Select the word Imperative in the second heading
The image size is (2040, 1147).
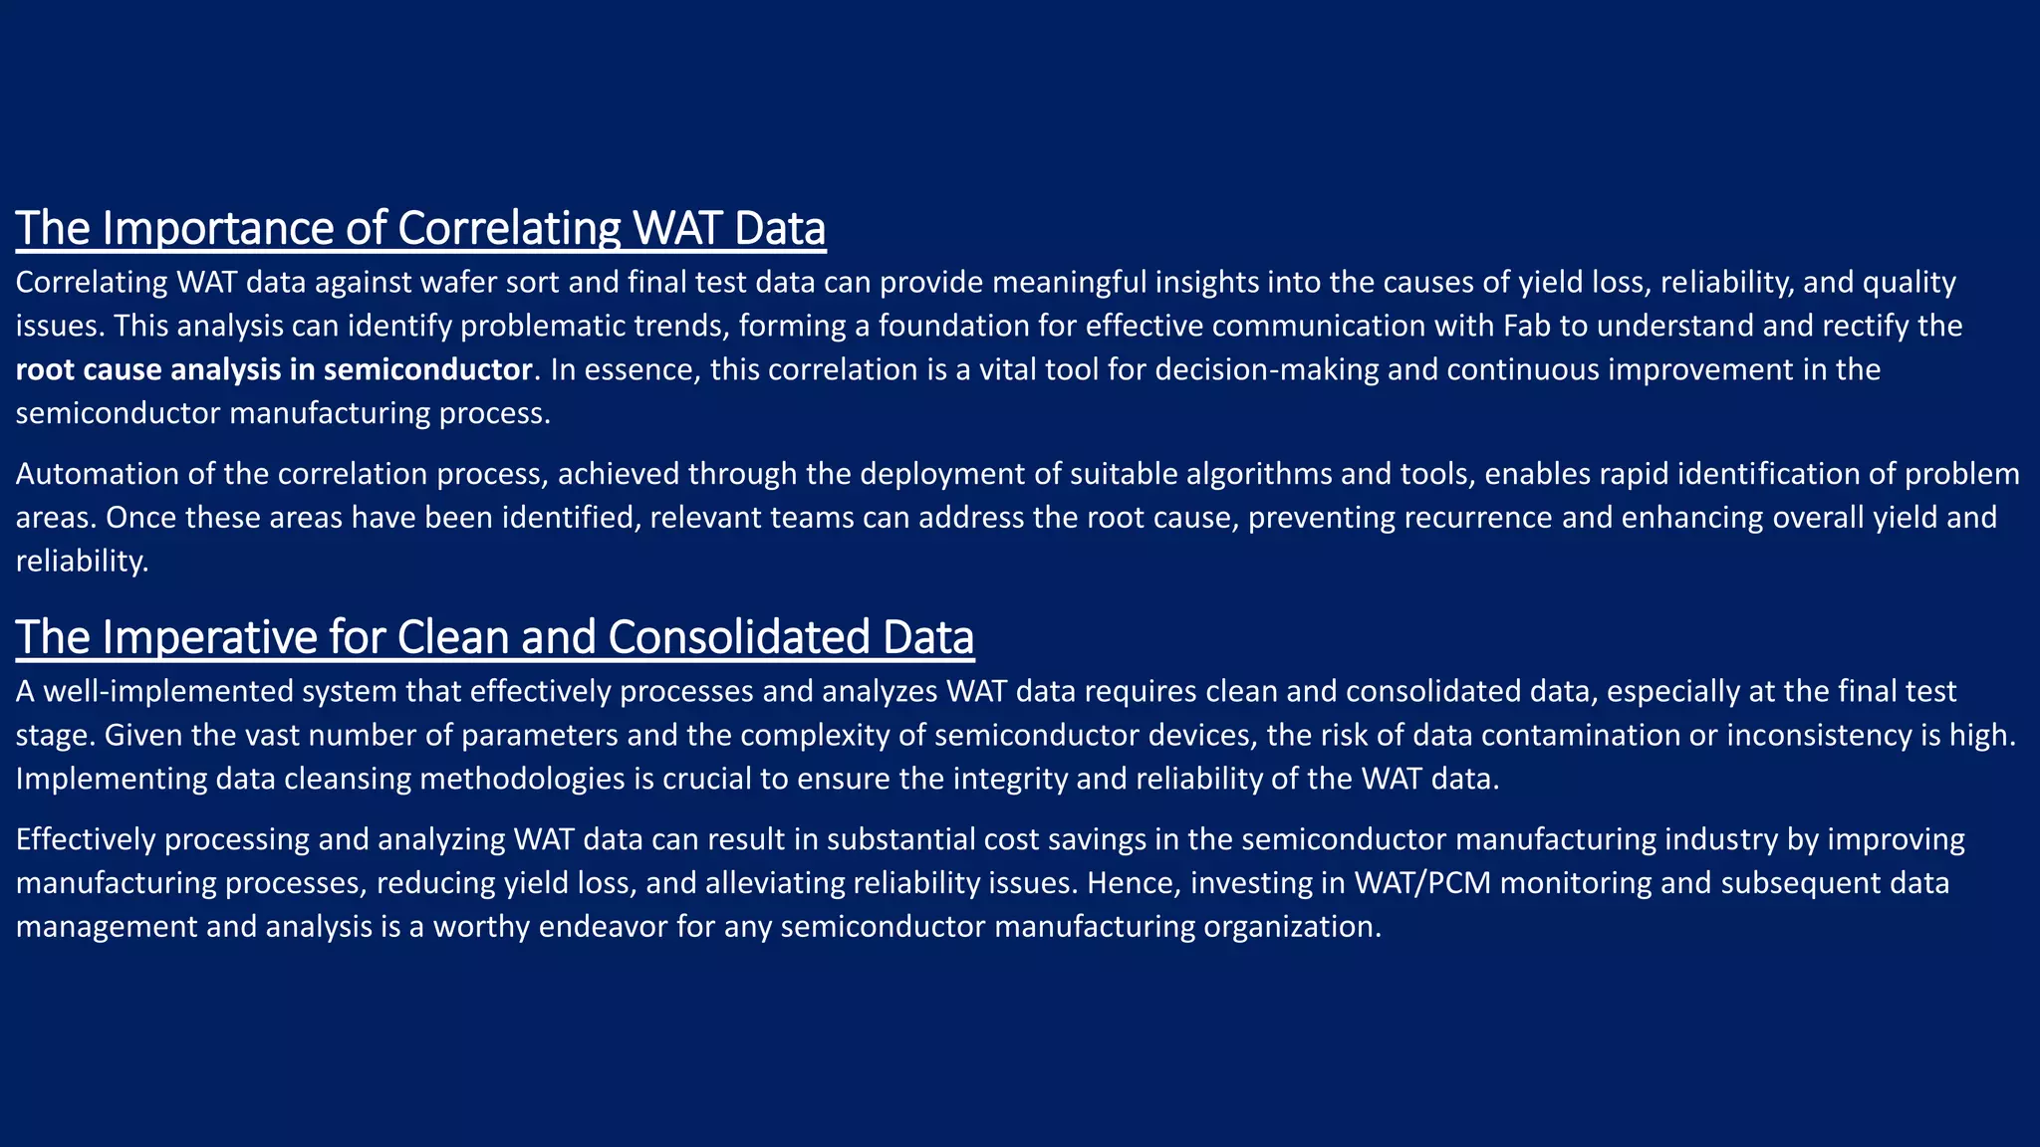208,637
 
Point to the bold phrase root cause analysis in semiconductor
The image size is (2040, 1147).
274,370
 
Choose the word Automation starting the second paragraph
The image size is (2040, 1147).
97,474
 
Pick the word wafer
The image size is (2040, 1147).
465,283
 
